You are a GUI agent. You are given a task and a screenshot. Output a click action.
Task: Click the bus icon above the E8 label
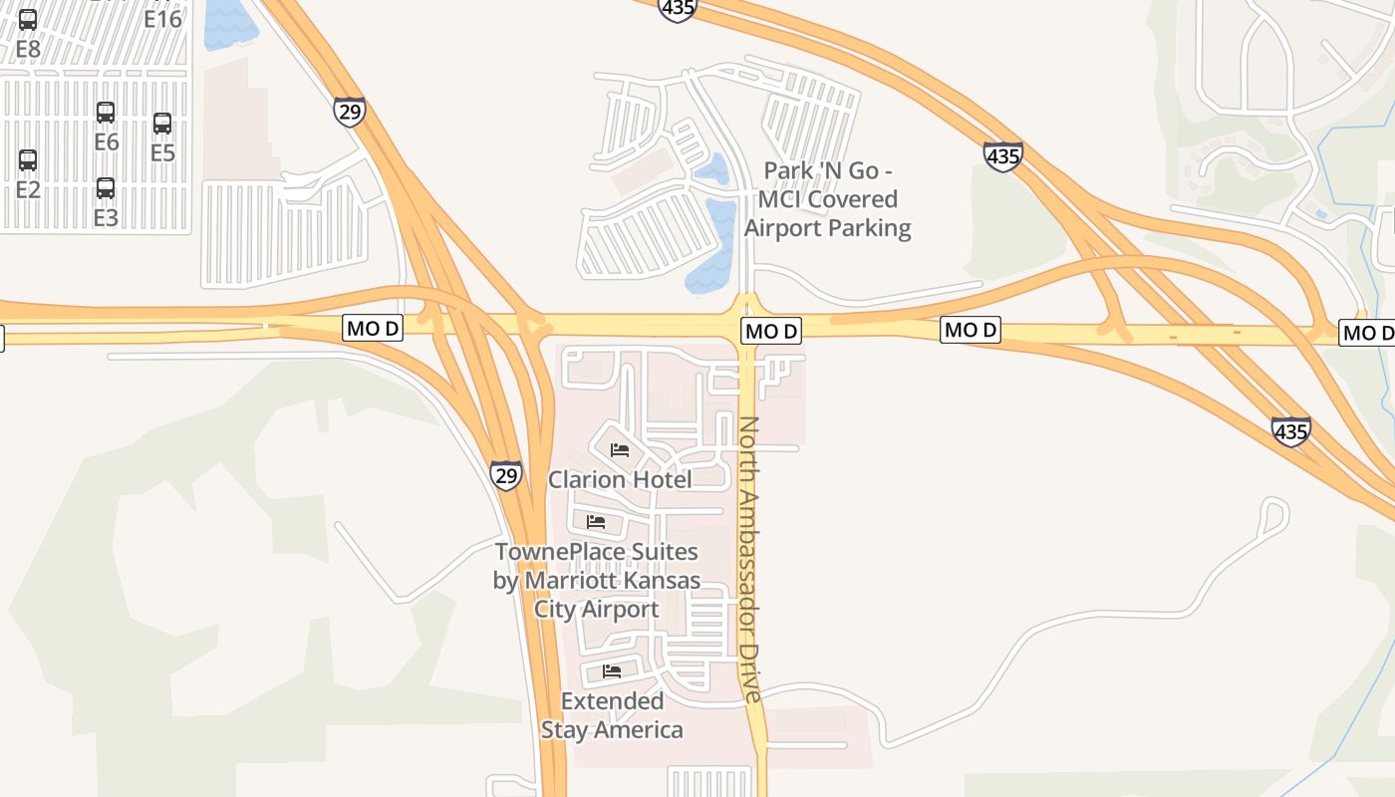coord(28,19)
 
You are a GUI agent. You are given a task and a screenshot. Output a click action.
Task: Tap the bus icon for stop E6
coord(106,112)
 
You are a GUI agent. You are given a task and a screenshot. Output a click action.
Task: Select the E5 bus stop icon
coord(162,124)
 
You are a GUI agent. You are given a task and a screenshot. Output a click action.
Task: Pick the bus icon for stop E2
coord(28,159)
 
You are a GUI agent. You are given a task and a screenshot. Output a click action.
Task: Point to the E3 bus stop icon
coord(106,187)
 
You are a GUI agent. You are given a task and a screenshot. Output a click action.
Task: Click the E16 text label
coord(162,19)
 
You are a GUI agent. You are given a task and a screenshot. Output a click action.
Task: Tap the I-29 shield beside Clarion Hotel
coord(506,475)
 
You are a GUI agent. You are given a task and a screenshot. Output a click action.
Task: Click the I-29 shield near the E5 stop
coord(350,112)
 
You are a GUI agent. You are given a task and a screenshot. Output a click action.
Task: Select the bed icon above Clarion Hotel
coord(620,450)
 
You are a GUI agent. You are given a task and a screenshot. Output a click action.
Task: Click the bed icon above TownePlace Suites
coord(596,522)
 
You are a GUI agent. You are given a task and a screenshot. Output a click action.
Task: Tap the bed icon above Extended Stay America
coord(612,671)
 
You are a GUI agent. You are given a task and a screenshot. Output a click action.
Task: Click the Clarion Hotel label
coord(620,480)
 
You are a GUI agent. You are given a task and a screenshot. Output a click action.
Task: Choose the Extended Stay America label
coord(612,715)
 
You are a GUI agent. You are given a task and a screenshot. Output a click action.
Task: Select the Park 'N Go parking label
coord(827,199)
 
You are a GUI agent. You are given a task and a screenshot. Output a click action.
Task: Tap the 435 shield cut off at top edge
coord(677,9)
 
